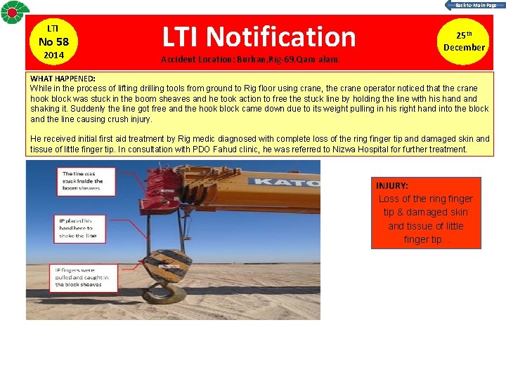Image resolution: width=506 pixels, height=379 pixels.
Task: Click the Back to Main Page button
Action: pos(472,5)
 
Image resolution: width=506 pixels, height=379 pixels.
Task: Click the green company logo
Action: pos(15,13)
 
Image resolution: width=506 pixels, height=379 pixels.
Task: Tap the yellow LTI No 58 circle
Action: pos(53,41)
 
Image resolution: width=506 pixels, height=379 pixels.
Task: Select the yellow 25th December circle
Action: pos(464,41)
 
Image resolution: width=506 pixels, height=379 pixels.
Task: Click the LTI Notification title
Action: pos(259,36)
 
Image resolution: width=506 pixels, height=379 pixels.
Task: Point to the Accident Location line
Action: pos(250,60)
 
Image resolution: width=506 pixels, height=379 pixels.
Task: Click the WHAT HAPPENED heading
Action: pos(63,78)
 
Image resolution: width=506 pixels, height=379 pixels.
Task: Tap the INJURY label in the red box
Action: pos(391,186)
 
